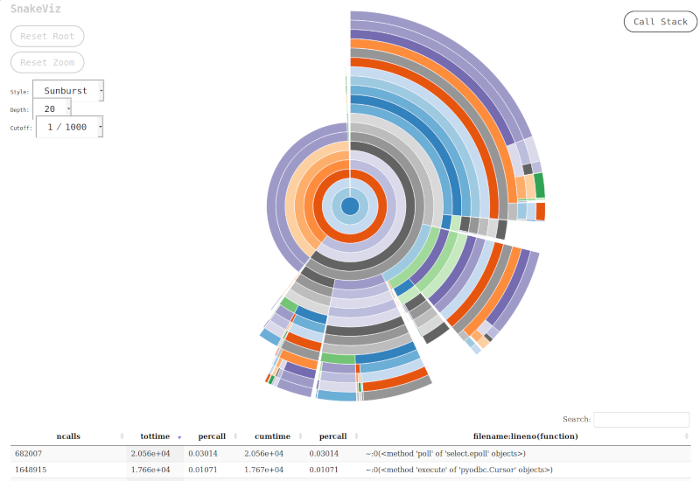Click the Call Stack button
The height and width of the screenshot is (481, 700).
(x=661, y=22)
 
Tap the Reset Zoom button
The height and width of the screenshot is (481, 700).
(x=47, y=62)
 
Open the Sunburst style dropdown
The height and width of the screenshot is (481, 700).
(x=68, y=90)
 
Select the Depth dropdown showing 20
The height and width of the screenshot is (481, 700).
(x=52, y=108)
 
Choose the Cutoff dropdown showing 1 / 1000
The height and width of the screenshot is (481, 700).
(x=69, y=127)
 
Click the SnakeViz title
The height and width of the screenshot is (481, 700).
(x=36, y=9)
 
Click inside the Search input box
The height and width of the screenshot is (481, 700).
(x=640, y=420)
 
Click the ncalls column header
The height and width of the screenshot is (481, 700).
(x=67, y=436)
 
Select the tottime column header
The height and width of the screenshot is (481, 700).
(x=155, y=436)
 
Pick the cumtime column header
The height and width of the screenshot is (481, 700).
(x=272, y=436)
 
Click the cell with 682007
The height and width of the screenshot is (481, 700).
(x=30, y=453)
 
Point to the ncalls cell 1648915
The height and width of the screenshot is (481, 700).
(x=32, y=470)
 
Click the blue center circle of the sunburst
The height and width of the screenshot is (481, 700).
(x=350, y=206)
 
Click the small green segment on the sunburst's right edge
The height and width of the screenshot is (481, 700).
(x=539, y=185)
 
